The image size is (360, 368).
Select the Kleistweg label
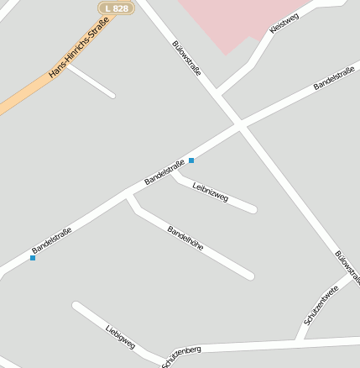click(284, 24)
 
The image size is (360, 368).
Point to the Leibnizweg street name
click(210, 191)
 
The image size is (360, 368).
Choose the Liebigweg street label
click(121, 337)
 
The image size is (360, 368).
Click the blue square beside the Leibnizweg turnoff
click(191, 160)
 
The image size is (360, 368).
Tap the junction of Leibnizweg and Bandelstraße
click(173, 173)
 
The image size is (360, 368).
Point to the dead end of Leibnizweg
click(253, 208)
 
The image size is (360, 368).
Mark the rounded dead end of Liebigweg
click(76, 306)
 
